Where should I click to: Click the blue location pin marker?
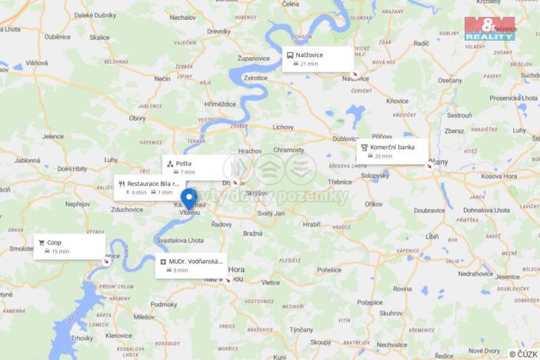click(x=188, y=198)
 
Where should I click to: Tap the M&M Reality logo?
click(x=489, y=28)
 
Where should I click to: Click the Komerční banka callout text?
click(x=392, y=147)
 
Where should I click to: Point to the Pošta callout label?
click(x=183, y=163)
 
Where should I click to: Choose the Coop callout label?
click(x=54, y=242)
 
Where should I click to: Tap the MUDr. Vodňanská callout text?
click(x=195, y=262)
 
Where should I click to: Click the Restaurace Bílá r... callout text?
click(x=153, y=184)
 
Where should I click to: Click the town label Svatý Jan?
click(x=271, y=212)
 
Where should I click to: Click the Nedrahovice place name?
click(x=475, y=273)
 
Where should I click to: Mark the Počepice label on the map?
click(x=375, y=304)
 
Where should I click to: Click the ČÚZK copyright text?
click(x=524, y=354)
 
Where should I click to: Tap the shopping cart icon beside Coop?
click(x=41, y=242)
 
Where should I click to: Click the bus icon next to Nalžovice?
click(x=290, y=55)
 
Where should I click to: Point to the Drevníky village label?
click(x=218, y=31)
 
